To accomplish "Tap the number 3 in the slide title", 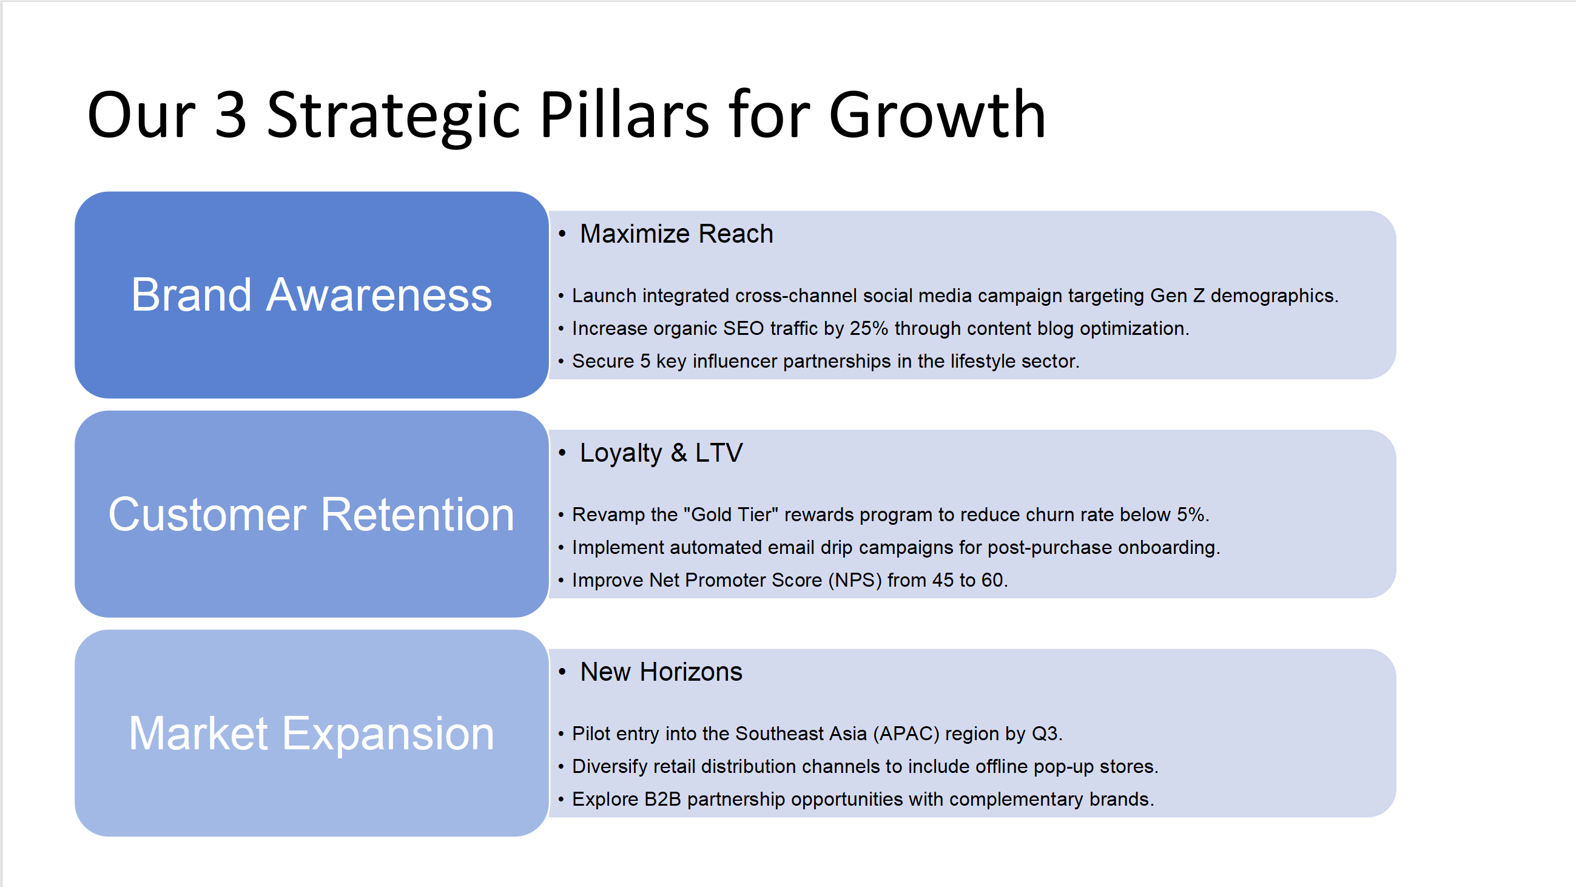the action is point(231,115).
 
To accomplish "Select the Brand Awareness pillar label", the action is point(311,295).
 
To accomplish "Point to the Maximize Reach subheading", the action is point(676,234).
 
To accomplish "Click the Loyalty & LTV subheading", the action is point(661,453).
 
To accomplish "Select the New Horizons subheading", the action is point(661,672).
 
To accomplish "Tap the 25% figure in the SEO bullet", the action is point(869,328).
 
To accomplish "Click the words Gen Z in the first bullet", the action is point(1177,295).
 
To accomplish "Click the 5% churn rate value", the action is point(1191,514).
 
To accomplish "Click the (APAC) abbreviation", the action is point(906,734).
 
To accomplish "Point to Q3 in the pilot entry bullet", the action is point(1045,734).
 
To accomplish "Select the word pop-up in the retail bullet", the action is point(1064,767).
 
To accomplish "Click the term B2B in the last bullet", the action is point(662,799).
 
